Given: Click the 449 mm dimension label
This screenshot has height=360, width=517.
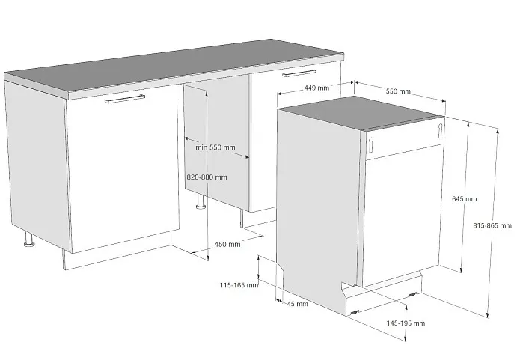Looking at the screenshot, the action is coord(316,88).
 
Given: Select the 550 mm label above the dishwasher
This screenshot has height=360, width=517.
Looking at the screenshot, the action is coord(398,91).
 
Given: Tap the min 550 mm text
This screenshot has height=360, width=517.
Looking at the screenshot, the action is coord(215,147).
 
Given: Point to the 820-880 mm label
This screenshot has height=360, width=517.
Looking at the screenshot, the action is coord(207,177).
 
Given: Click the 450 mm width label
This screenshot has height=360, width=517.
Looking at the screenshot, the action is coord(227,245).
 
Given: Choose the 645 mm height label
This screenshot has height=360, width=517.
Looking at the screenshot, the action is coord(464,199).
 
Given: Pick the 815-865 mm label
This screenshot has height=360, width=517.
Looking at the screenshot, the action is coord(492,226).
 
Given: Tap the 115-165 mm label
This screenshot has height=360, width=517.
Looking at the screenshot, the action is coord(239,285).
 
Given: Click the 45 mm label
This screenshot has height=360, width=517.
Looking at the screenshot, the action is coord(298,304).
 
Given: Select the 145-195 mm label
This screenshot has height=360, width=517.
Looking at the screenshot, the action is coord(406,323).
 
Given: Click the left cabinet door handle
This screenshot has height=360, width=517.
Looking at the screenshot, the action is coord(125,99).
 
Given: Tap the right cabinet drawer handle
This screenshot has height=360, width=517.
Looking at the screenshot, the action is coord(299,73).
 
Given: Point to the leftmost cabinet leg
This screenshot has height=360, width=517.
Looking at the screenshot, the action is coord(29,240).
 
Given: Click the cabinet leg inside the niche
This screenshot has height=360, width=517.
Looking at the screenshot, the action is coord(201,201).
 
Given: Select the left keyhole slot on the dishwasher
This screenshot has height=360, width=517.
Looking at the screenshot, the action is coord(371,144).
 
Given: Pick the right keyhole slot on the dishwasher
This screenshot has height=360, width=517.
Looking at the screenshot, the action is coord(441,131).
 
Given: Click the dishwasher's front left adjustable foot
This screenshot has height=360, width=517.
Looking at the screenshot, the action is coord(354,312).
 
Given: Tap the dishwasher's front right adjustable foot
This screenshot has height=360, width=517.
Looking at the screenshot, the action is coord(412,294).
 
